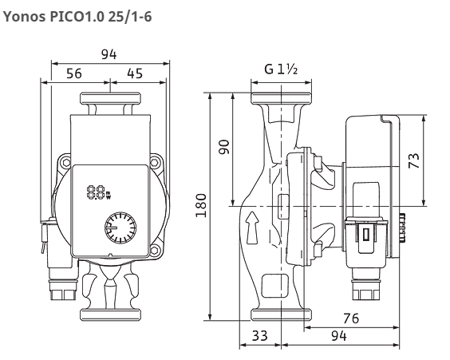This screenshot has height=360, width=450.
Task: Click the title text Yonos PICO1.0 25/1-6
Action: pos(77,16)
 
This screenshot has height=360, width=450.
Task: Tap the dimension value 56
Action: pos(74,73)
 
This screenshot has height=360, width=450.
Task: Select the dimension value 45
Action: pos(135,73)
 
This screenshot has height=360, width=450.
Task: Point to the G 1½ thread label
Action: pos(281,69)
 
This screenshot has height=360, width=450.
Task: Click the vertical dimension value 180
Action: pos(201,206)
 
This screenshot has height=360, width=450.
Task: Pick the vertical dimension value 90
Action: pos(224,147)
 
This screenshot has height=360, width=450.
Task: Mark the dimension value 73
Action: pos(414,160)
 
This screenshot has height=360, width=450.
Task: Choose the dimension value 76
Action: pos(351,318)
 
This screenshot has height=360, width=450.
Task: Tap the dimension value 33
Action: pos(260,335)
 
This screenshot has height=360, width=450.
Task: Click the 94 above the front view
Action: pos(109,54)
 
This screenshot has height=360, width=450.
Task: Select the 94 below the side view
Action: pos(339,335)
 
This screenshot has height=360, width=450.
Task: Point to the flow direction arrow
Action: pos(253,228)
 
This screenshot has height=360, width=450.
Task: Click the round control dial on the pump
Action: pos(120,227)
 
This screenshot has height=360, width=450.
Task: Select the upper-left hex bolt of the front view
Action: pos(66,163)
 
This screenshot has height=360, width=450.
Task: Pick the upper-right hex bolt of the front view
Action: pos(156,163)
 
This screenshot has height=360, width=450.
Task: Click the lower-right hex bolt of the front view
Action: pos(155,250)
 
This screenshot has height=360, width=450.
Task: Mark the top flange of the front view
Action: pos(110,98)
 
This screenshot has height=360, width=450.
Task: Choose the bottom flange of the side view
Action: pos(281,315)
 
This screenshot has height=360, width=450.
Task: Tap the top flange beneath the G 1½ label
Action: pos(281,98)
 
